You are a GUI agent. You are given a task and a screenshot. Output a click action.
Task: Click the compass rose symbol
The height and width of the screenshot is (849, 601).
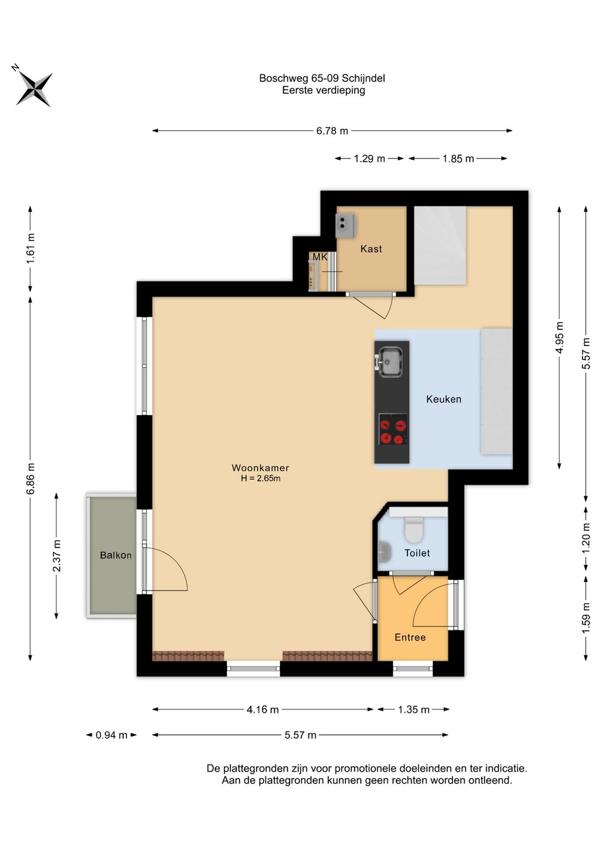[33, 89]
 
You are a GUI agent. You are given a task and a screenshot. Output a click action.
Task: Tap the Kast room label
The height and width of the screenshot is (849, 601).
[371, 249]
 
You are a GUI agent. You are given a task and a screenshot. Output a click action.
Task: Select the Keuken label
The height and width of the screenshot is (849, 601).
[444, 399]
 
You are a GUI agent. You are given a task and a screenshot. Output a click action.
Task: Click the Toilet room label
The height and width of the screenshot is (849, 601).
[417, 553]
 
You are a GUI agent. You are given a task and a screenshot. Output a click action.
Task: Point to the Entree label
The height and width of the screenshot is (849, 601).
[410, 637]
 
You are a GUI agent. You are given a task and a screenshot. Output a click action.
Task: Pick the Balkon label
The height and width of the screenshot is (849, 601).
[116, 555]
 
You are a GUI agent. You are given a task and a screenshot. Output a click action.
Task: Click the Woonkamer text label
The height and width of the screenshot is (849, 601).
[260, 468]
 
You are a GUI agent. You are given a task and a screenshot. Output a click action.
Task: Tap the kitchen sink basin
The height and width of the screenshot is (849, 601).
[389, 362]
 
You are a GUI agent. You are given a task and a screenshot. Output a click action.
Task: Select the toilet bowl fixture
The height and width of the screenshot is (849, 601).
[413, 530]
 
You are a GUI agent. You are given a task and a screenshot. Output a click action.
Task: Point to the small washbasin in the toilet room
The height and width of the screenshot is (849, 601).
[385, 550]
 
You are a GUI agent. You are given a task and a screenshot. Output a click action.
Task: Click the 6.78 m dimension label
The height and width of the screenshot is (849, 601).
[332, 131]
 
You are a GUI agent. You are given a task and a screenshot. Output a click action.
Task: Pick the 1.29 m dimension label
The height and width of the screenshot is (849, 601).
[370, 159]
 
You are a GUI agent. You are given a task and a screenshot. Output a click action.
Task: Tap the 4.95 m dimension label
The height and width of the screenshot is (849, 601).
[559, 337]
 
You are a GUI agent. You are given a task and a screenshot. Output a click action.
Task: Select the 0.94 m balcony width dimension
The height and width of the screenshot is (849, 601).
[111, 736]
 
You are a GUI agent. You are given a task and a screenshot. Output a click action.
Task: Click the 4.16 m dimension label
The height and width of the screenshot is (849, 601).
[263, 709]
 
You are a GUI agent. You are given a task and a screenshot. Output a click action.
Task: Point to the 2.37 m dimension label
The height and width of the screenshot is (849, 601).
[57, 556]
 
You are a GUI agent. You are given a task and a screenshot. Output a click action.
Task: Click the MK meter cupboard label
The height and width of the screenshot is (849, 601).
[319, 257]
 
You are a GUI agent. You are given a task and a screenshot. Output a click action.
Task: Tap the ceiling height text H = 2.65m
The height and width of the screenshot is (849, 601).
[260, 478]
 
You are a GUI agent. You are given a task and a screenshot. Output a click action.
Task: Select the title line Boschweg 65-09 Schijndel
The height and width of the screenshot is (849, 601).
[322, 78]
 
